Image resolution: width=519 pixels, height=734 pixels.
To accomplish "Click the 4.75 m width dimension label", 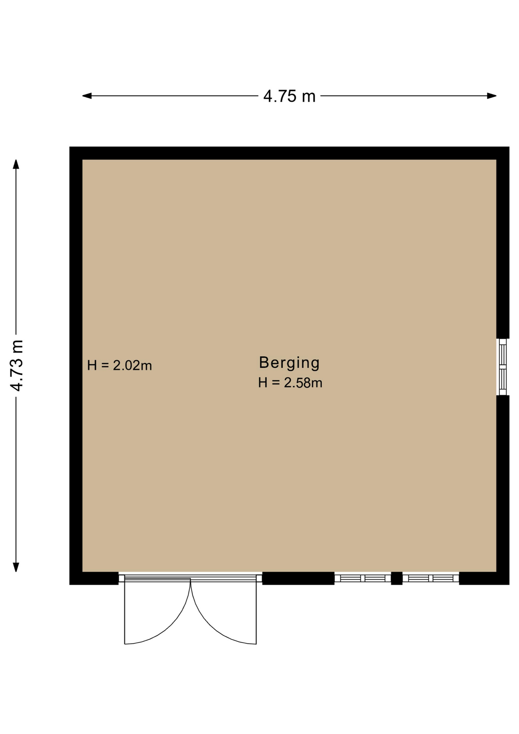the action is [289, 96].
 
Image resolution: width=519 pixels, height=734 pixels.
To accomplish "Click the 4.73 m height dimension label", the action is [17, 365].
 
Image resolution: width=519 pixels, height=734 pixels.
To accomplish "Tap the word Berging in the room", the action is [289, 363].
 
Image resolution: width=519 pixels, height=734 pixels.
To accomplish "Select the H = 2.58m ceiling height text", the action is [290, 383].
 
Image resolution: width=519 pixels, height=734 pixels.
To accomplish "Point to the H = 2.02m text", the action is [120, 365].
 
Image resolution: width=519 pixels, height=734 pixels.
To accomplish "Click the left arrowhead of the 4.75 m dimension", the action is [87, 96].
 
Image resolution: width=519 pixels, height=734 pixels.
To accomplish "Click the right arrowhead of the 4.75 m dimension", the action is [492, 96].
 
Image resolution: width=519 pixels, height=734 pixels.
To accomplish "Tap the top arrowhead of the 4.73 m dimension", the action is [16, 164].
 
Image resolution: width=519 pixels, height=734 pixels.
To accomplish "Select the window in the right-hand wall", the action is [503, 367].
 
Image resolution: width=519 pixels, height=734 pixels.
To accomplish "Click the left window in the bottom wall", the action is [363, 578].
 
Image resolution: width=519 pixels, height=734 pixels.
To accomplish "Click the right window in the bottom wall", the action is [431, 578].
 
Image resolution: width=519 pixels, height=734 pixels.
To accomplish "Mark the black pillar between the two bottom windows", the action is [397, 578].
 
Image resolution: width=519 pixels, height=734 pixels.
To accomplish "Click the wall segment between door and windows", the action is [298, 578].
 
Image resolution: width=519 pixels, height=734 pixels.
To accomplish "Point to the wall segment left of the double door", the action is [94, 578].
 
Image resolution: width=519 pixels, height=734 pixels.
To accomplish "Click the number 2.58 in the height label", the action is [298, 383].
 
